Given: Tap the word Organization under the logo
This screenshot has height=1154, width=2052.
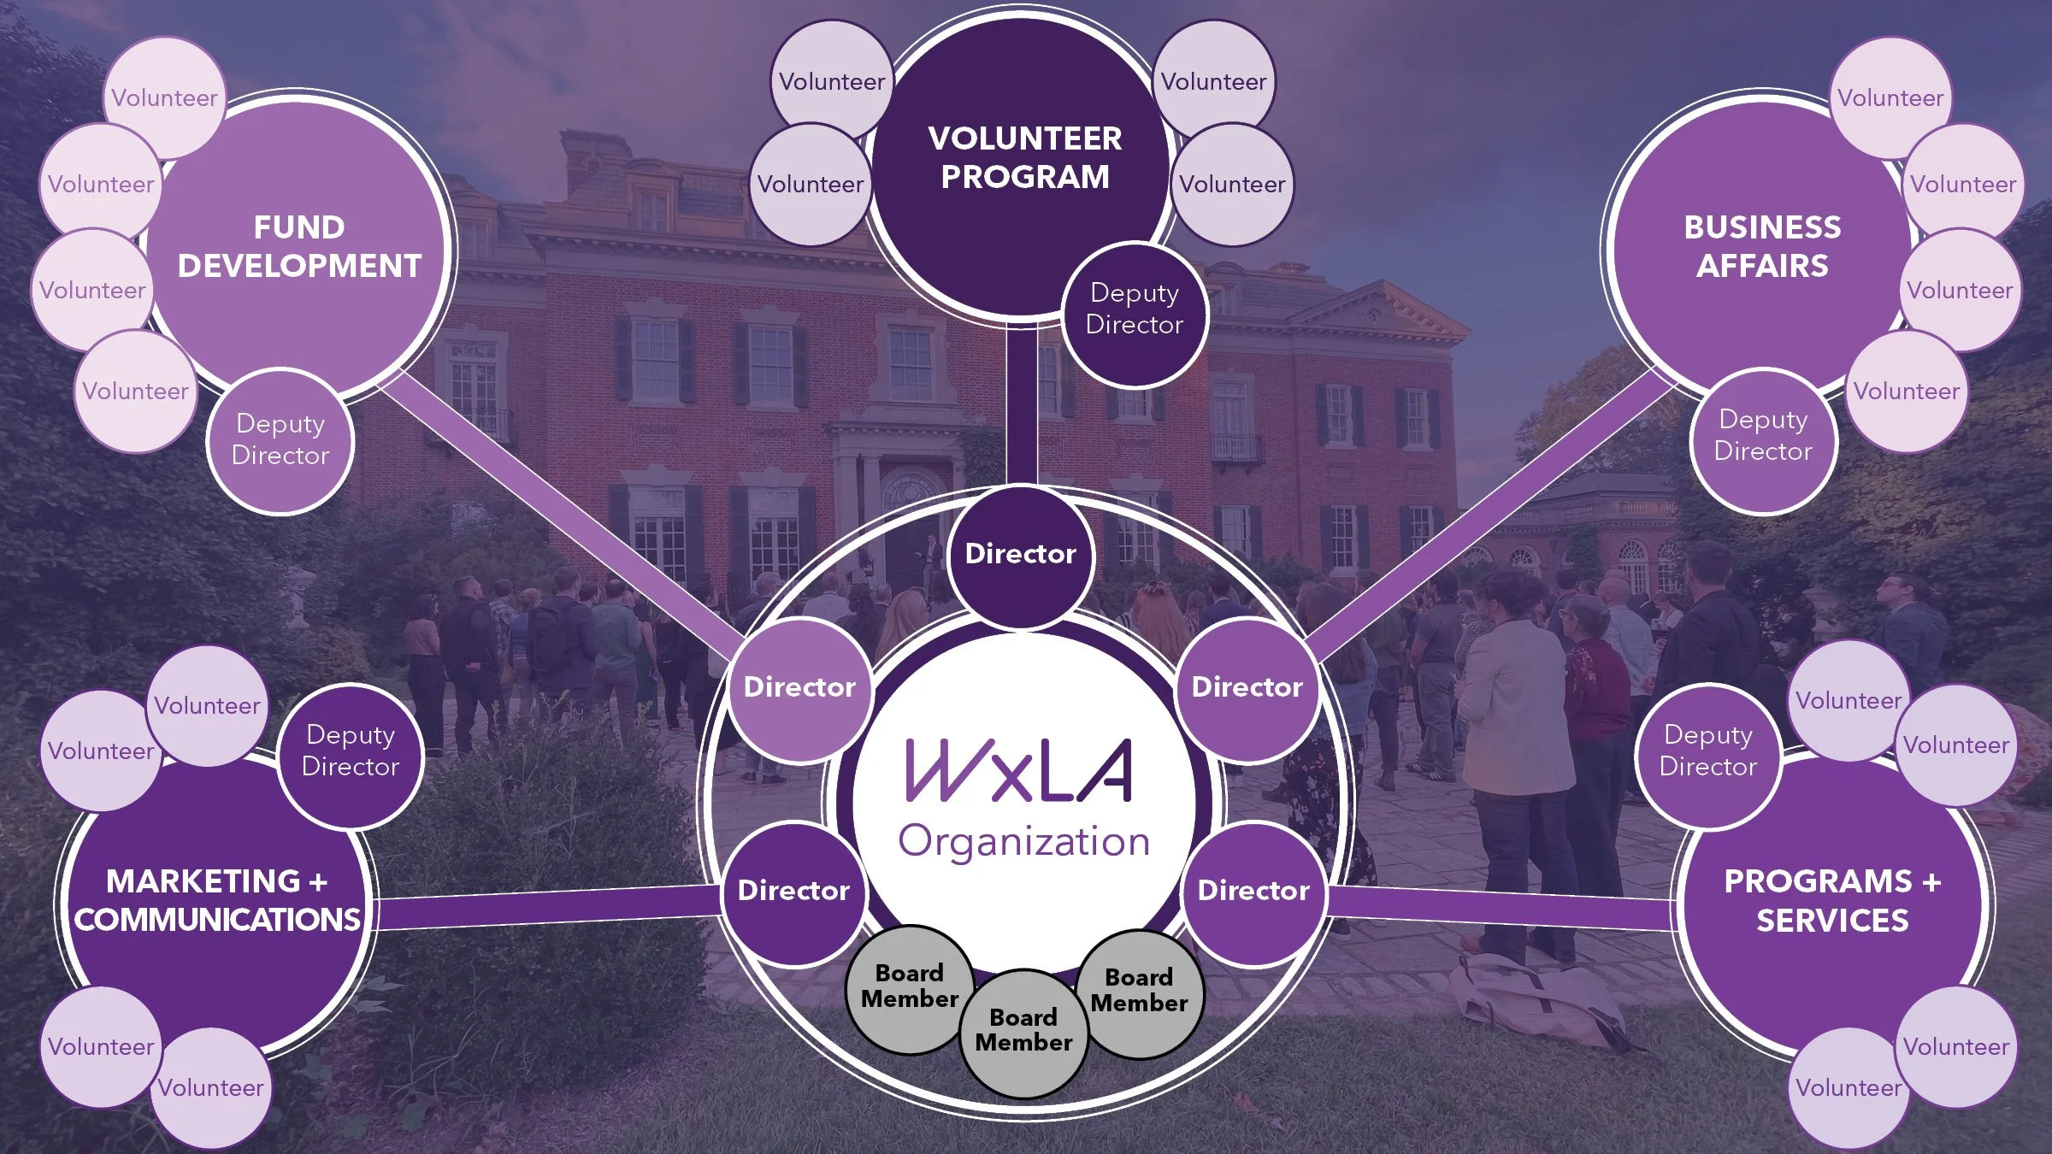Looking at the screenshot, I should pyautogui.click(x=1023, y=842).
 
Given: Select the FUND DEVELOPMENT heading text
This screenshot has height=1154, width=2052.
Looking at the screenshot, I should pyautogui.click(x=299, y=246).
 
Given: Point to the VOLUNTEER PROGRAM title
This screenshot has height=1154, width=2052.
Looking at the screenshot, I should pyautogui.click(x=1025, y=157).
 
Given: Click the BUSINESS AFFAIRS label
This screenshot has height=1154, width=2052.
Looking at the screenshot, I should pyautogui.click(x=1762, y=246).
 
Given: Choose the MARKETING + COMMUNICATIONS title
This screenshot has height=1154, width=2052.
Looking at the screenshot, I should pyautogui.click(x=217, y=900).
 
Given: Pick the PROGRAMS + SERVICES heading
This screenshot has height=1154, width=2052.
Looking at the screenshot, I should pyautogui.click(x=1832, y=900).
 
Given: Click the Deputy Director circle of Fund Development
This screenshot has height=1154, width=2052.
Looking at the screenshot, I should pyautogui.click(x=280, y=440).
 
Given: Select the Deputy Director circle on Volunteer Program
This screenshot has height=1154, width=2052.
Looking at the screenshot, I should pyautogui.click(x=1135, y=309).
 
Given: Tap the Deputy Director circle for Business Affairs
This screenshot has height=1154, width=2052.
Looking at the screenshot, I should pyautogui.click(x=1763, y=436).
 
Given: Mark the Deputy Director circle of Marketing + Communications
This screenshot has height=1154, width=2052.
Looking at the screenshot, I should pyautogui.click(x=351, y=751).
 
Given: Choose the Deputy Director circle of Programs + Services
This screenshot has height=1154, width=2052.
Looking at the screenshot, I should pyautogui.click(x=1708, y=751).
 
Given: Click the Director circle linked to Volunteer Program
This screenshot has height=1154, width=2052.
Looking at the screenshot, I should pyautogui.click(x=1021, y=554).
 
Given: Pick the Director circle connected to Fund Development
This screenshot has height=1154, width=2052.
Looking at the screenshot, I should pyautogui.click(x=799, y=687).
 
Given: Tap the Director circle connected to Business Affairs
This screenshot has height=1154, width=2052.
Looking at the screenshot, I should pyautogui.click(x=1247, y=687).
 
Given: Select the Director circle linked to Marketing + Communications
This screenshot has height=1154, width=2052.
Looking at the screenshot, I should pyautogui.click(x=793, y=891).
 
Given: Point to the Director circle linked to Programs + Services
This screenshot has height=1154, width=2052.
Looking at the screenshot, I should pyautogui.click(x=1253, y=891).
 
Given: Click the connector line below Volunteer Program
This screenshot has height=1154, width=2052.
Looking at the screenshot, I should pyautogui.click(x=1022, y=402).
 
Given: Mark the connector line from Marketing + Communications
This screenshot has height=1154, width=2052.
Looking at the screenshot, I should pyautogui.click(x=547, y=908).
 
